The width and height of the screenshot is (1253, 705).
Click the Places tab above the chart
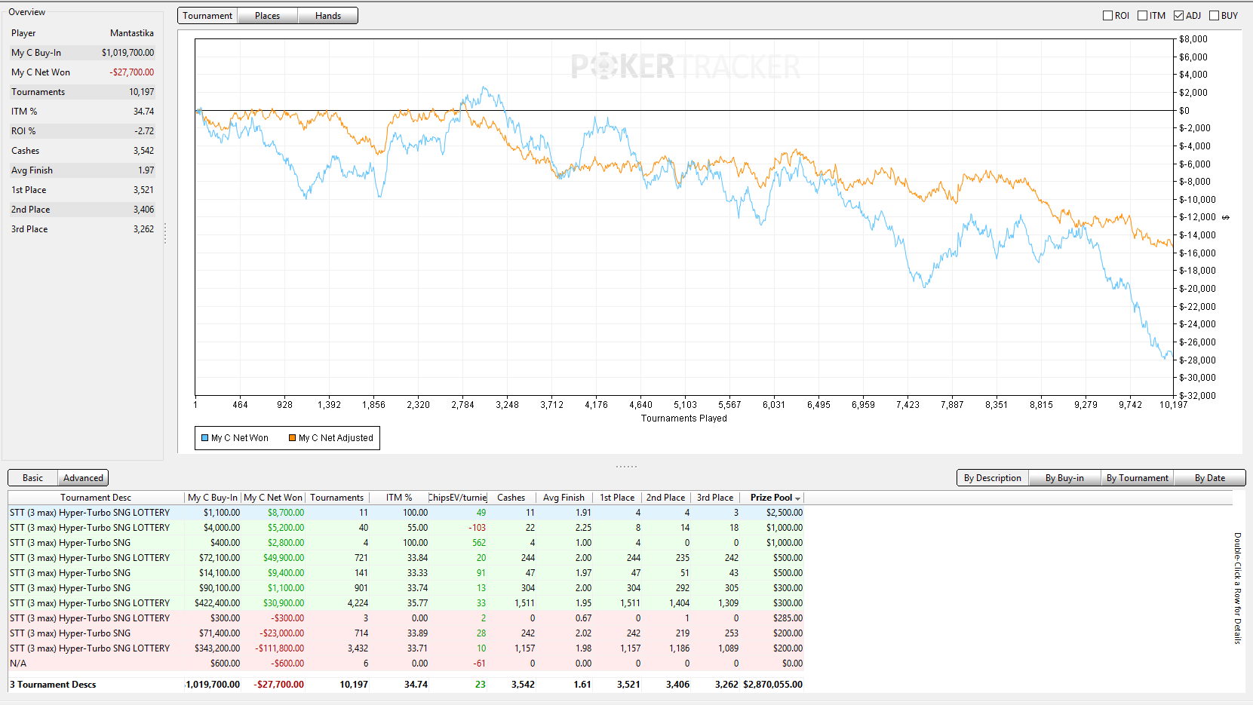tap(267, 16)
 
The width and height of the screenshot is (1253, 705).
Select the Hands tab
tap(328, 16)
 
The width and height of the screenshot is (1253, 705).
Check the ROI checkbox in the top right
tap(1107, 16)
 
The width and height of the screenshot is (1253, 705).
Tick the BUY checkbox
tap(1215, 16)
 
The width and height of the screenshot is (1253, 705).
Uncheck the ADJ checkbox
tap(1178, 16)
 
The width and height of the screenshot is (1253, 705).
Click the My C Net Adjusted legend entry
tap(330, 438)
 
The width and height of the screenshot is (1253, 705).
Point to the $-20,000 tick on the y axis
tap(1197, 289)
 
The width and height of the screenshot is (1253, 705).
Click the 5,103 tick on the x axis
tap(685, 405)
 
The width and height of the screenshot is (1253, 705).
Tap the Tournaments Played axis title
tap(683, 418)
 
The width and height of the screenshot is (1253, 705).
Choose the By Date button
tap(1209, 478)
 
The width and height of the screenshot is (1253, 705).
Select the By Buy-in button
tap(1064, 478)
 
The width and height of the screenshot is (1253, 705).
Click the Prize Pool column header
tap(772, 498)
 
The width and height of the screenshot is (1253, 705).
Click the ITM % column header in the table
tap(399, 498)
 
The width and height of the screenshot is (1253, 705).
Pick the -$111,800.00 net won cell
tap(280, 648)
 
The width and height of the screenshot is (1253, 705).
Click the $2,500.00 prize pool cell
tap(785, 513)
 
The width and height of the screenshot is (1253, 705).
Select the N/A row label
tap(18, 664)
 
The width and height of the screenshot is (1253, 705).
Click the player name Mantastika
tap(132, 33)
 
